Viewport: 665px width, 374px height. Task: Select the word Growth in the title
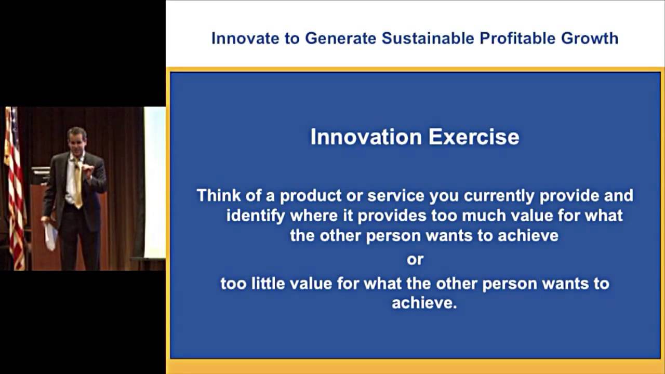click(590, 38)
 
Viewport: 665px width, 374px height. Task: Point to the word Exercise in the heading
click(473, 137)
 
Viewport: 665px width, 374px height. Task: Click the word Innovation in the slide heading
click(366, 137)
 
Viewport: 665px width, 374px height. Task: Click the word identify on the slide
click(256, 216)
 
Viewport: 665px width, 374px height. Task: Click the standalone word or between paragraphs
click(415, 259)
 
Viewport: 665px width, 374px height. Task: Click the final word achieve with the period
click(424, 303)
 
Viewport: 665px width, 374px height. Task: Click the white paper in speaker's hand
click(51, 236)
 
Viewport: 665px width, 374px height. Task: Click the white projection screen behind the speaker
click(155, 182)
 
